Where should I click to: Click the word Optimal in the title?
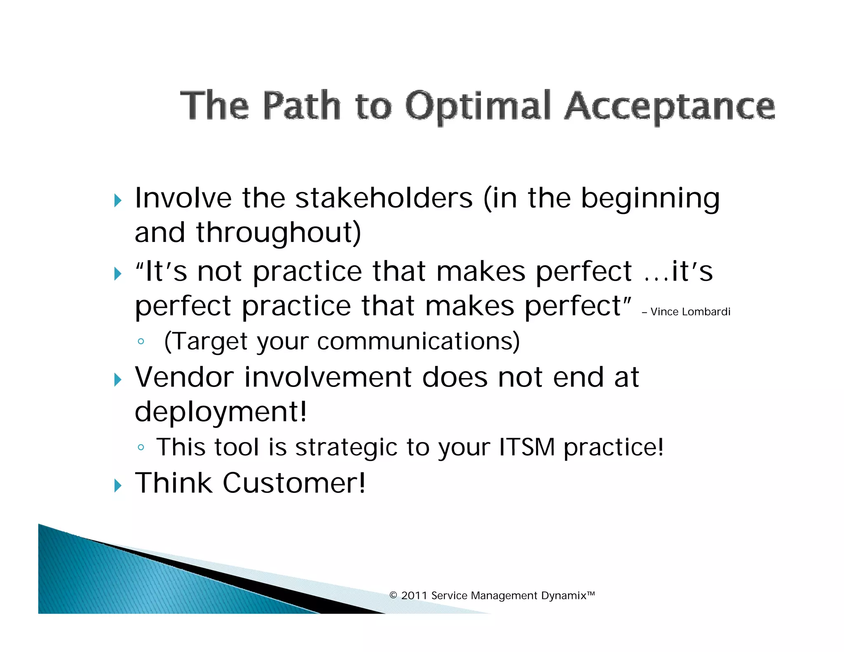478,106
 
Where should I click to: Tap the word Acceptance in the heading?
670,106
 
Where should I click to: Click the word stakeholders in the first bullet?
384,198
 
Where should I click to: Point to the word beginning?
650,199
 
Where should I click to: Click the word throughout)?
279,233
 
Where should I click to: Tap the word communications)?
418,342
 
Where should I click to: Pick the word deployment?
221,412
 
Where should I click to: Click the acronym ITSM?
527,447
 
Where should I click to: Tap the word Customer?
294,483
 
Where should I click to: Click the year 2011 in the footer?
414,596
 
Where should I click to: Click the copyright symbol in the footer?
393,596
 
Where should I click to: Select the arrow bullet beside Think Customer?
118,486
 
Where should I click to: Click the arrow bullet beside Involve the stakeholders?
118,201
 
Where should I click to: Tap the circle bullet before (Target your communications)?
141,341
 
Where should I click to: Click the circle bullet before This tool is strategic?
141,448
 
